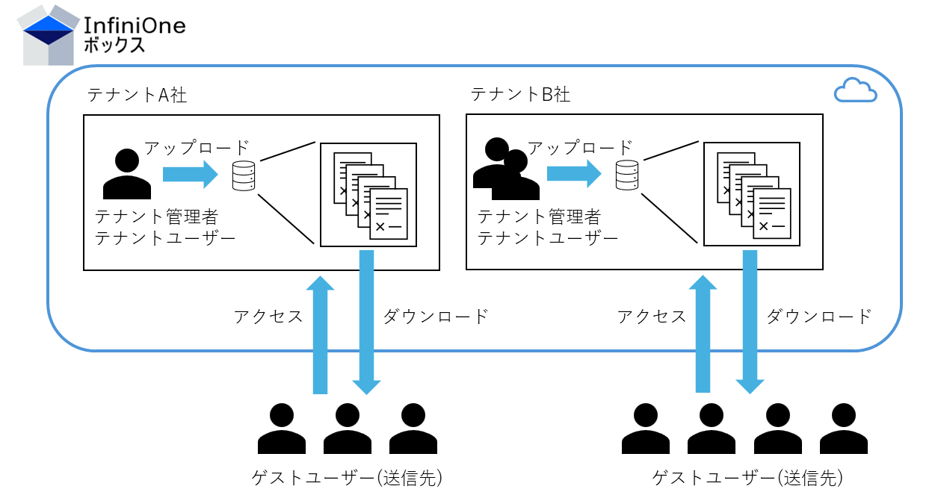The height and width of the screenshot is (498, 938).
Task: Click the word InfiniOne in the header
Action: [x=135, y=25]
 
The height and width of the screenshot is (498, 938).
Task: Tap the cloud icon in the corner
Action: [x=855, y=91]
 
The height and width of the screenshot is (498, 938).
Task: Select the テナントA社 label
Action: [x=138, y=95]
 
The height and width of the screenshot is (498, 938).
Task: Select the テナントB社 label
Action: [x=521, y=95]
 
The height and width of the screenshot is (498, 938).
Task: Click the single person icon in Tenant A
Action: [x=126, y=173]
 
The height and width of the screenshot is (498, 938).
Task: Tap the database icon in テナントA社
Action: [x=244, y=175]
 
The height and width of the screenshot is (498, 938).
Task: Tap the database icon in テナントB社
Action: [x=627, y=175]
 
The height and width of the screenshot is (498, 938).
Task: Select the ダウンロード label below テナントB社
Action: [x=819, y=317]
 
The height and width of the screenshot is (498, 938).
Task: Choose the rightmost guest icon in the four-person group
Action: [x=844, y=429]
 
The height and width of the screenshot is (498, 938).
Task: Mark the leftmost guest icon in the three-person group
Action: [x=282, y=429]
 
